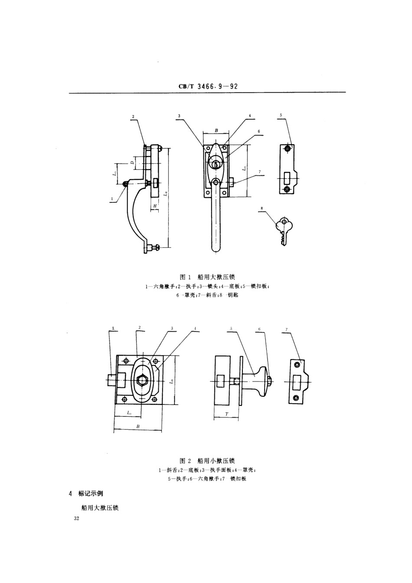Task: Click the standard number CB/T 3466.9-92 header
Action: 208,86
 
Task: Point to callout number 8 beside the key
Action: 262,208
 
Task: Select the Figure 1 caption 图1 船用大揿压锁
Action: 207,277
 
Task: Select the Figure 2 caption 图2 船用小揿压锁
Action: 207,461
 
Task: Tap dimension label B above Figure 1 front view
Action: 216,130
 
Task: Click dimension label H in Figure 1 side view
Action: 154,205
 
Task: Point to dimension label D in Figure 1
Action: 132,163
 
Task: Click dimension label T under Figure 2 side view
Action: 226,415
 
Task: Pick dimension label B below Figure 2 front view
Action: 138,426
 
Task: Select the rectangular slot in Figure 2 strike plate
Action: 297,382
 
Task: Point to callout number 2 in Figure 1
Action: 133,116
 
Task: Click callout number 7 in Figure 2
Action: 287,330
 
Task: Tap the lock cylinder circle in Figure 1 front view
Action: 216,164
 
